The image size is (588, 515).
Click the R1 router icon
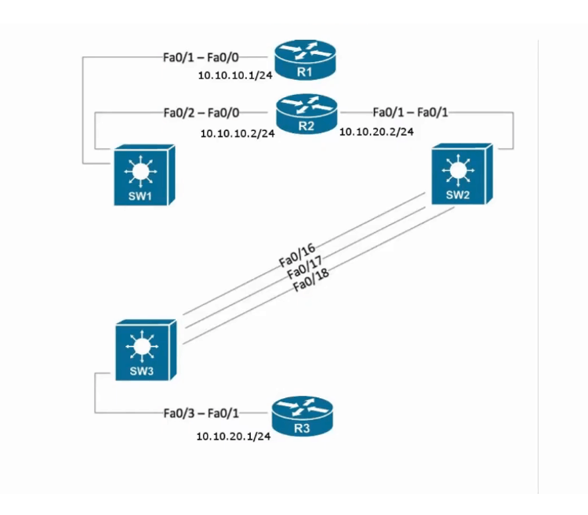[305, 61]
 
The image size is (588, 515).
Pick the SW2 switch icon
[460, 175]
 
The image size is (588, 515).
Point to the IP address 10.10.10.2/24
[238, 134]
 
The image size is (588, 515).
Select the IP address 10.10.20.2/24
[376, 132]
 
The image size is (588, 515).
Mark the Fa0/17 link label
[304, 270]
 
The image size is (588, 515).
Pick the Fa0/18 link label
[310, 284]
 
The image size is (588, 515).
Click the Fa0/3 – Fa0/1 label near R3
[201, 412]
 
